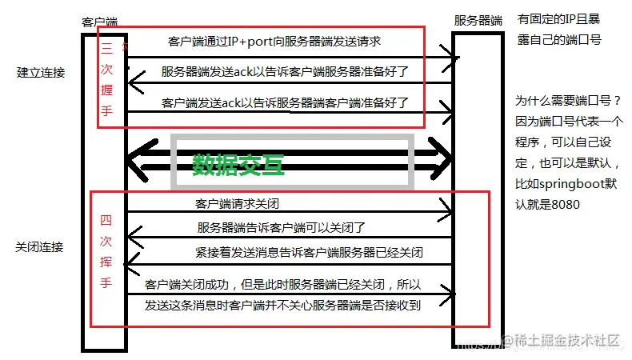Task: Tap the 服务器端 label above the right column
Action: click(478, 20)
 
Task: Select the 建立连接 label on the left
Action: click(41, 73)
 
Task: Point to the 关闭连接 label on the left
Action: click(39, 246)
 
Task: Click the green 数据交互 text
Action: click(238, 163)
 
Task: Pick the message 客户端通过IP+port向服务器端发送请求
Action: click(274, 41)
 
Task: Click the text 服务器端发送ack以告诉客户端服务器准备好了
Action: click(285, 71)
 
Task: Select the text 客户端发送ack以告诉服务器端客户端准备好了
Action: click(285, 102)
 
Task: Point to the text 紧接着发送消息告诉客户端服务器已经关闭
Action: click(309, 253)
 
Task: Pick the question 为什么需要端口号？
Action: click(567, 102)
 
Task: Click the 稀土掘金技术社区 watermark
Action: click(568, 340)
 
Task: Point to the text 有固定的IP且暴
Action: click(559, 18)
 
